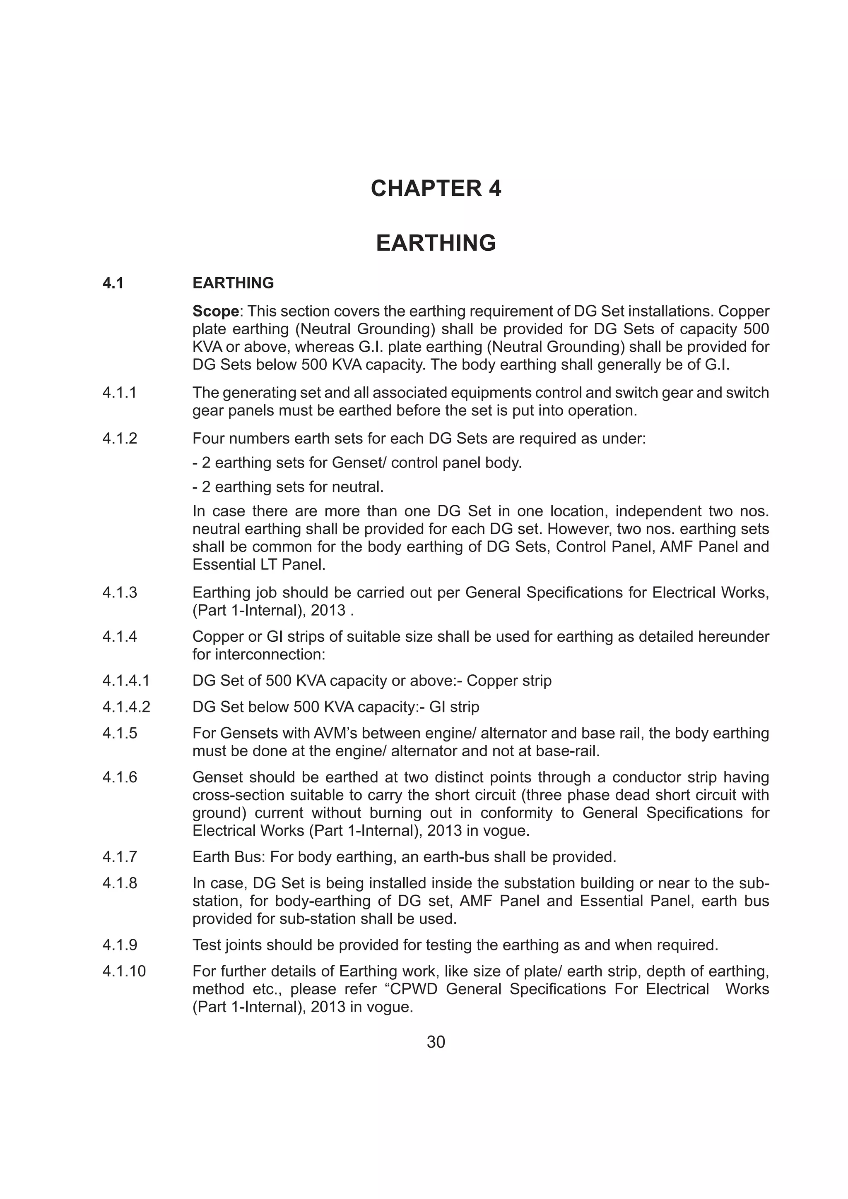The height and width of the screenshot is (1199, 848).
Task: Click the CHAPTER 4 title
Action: coord(435,189)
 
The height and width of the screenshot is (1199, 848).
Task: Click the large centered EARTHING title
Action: coord(435,243)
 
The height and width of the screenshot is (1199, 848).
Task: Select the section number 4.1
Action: coord(113,283)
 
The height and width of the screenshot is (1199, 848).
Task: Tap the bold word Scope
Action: coord(215,311)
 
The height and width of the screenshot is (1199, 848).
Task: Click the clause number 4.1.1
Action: coord(120,393)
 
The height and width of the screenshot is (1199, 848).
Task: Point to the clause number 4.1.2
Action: coord(120,439)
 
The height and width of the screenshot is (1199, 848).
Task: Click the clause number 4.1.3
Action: coord(120,593)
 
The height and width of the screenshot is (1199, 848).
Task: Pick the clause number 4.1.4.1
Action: coord(126,681)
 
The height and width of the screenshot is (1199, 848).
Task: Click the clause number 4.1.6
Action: coord(120,777)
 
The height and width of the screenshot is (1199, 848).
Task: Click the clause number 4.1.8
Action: coord(120,883)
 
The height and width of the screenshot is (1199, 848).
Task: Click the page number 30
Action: coord(435,1042)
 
